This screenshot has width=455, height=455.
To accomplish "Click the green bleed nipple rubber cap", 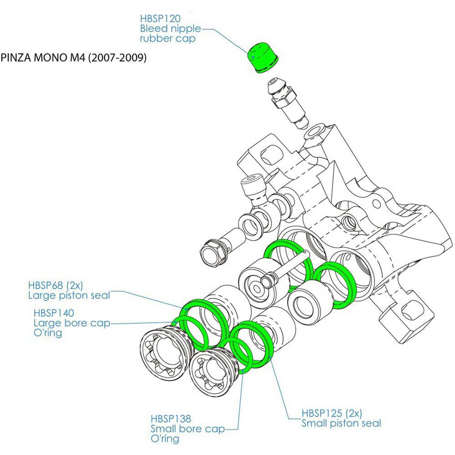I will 262,58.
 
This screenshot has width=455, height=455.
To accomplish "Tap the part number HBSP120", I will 160,19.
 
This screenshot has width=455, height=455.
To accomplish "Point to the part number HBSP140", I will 54,313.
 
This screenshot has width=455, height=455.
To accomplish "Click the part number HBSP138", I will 171,419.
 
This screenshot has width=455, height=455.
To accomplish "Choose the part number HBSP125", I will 322,413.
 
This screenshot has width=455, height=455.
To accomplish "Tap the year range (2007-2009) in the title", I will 117,58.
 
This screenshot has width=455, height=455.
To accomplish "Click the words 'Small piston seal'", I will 341,423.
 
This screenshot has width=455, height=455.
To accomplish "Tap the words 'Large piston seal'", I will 69,295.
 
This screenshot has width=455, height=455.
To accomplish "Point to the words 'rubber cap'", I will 167,38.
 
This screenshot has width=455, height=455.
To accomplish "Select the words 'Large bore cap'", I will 72,323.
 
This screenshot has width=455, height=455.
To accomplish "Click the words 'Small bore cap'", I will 188,429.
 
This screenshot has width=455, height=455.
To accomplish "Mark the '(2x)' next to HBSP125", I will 353,413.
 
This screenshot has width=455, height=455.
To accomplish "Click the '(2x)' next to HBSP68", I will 75,285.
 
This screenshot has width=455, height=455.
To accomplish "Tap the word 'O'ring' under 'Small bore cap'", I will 165,439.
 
